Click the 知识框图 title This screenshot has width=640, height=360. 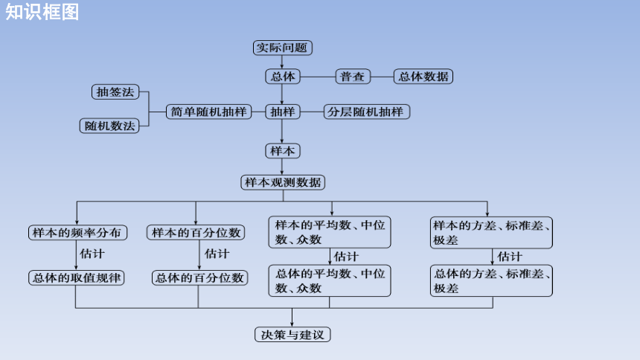tap(42, 12)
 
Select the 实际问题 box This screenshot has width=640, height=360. tap(283, 48)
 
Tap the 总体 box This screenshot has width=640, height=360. tap(283, 77)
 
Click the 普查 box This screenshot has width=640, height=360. tap(353, 77)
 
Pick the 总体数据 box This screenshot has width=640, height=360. tap(423, 77)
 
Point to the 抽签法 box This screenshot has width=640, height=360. tap(115, 91)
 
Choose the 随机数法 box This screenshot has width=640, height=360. tap(109, 126)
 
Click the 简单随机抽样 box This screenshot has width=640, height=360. tap(208, 112)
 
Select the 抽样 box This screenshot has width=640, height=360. tap(283, 112)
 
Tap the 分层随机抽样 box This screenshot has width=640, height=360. tap(367, 112)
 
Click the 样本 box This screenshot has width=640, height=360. tap(283, 151)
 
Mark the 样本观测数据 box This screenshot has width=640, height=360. tap(283, 182)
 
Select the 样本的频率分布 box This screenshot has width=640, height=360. tap(77, 233)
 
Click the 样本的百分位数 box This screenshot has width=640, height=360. tap(196, 233)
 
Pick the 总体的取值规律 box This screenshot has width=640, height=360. tap(77, 278)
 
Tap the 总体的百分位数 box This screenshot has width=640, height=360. tap(199, 278)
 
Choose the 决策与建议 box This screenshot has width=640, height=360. tap(292, 335)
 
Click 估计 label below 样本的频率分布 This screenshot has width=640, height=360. tap(92, 254)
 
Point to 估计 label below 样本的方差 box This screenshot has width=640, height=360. tap(509, 257)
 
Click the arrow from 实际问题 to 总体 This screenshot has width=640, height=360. tap(281, 62)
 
